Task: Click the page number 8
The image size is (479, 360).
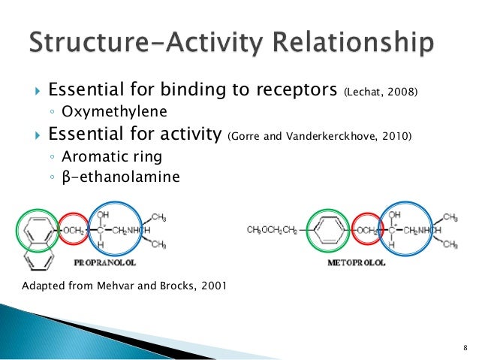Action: [x=465, y=346]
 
